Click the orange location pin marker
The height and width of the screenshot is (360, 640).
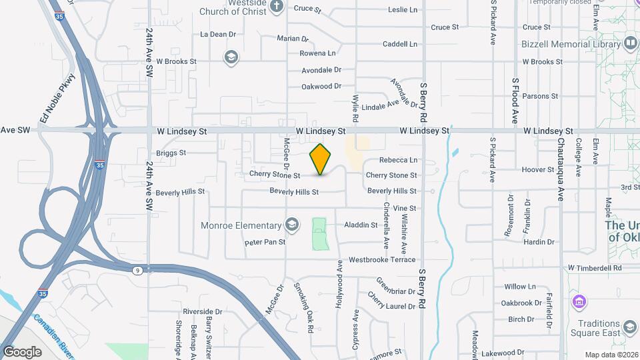[321, 159]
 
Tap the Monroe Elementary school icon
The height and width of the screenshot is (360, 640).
[291, 225]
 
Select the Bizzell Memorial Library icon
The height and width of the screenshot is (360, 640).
[631, 43]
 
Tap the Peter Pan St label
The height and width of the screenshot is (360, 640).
[265, 242]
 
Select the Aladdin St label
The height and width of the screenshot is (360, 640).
[361, 225]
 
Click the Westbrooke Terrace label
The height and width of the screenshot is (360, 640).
[382, 259]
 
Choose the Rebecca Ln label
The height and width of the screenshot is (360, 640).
[398, 160]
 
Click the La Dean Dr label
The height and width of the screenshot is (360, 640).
[218, 34]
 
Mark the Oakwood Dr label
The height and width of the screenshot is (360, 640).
[321, 86]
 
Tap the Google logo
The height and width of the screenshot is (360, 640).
[23, 352]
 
